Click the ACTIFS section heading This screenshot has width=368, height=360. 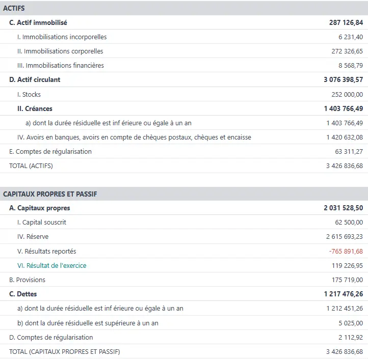click(x=14, y=8)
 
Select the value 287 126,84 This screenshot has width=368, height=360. click(x=346, y=22)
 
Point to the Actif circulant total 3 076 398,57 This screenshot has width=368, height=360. click(x=343, y=79)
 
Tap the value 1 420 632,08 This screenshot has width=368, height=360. click(x=345, y=137)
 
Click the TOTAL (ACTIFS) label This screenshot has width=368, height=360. click(x=31, y=165)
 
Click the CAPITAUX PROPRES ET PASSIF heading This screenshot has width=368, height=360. click(x=50, y=194)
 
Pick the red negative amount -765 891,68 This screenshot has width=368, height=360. click(x=346, y=251)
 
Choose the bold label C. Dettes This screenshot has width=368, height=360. click(x=23, y=294)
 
